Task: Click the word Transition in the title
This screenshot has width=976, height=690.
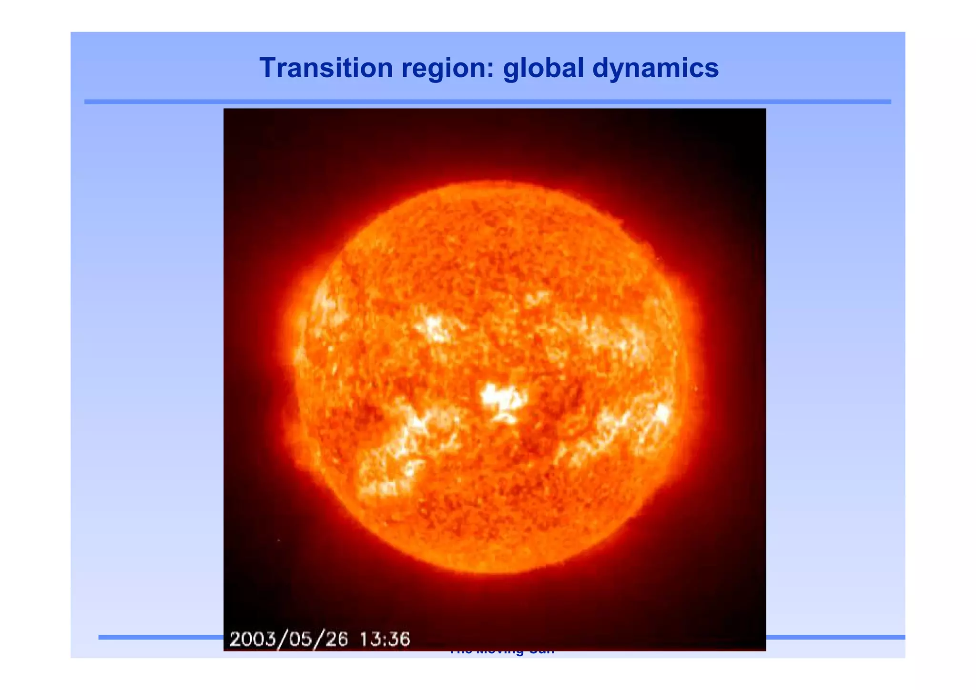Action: click(x=325, y=68)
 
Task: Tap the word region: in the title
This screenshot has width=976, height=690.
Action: click(x=447, y=68)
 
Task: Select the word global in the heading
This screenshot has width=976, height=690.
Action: click(x=543, y=68)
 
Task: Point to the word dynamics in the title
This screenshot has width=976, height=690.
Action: click(x=655, y=68)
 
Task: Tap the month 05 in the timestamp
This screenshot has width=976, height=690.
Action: click(x=299, y=639)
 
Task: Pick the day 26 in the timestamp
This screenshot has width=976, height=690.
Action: click(x=336, y=639)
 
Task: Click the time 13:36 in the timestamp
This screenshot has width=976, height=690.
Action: click(x=385, y=639)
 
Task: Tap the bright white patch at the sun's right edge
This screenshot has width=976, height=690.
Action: click(x=662, y=413)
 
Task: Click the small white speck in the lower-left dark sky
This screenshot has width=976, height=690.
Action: click(x=278, y=540)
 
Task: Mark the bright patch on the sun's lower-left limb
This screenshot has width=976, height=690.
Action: click(x=381, y=481)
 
